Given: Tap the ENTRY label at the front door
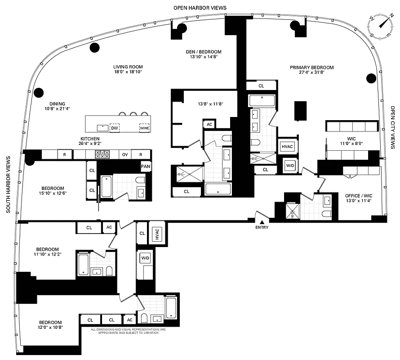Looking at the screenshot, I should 262,227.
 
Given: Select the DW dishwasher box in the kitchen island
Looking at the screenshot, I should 115,128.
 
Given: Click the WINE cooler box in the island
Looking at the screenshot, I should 144,128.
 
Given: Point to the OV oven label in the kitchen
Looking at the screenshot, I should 124,154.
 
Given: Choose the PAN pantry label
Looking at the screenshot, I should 145,166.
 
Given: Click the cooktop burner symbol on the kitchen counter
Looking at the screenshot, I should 102,154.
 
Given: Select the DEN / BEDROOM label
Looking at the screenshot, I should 204,52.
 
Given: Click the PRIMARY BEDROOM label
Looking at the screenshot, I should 311,67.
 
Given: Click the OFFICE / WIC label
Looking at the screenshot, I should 358,195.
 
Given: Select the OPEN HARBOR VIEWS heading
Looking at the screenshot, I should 200,8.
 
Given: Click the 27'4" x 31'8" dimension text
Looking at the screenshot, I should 311,73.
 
